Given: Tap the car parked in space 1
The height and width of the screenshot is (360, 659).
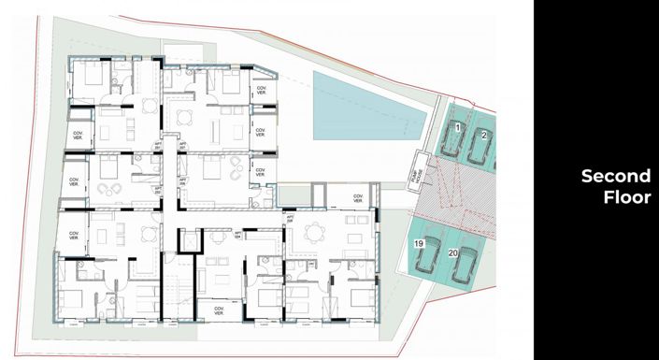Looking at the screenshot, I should (x=453, y=142).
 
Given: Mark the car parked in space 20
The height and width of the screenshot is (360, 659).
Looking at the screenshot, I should (x=465, y=265).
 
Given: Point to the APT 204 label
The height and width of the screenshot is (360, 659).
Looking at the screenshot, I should (x=237, y=234).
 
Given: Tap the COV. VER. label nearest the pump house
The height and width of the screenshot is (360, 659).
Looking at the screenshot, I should (x=356, y=198).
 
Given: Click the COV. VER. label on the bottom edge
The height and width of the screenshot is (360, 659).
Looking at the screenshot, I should (x=220, y=310).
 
